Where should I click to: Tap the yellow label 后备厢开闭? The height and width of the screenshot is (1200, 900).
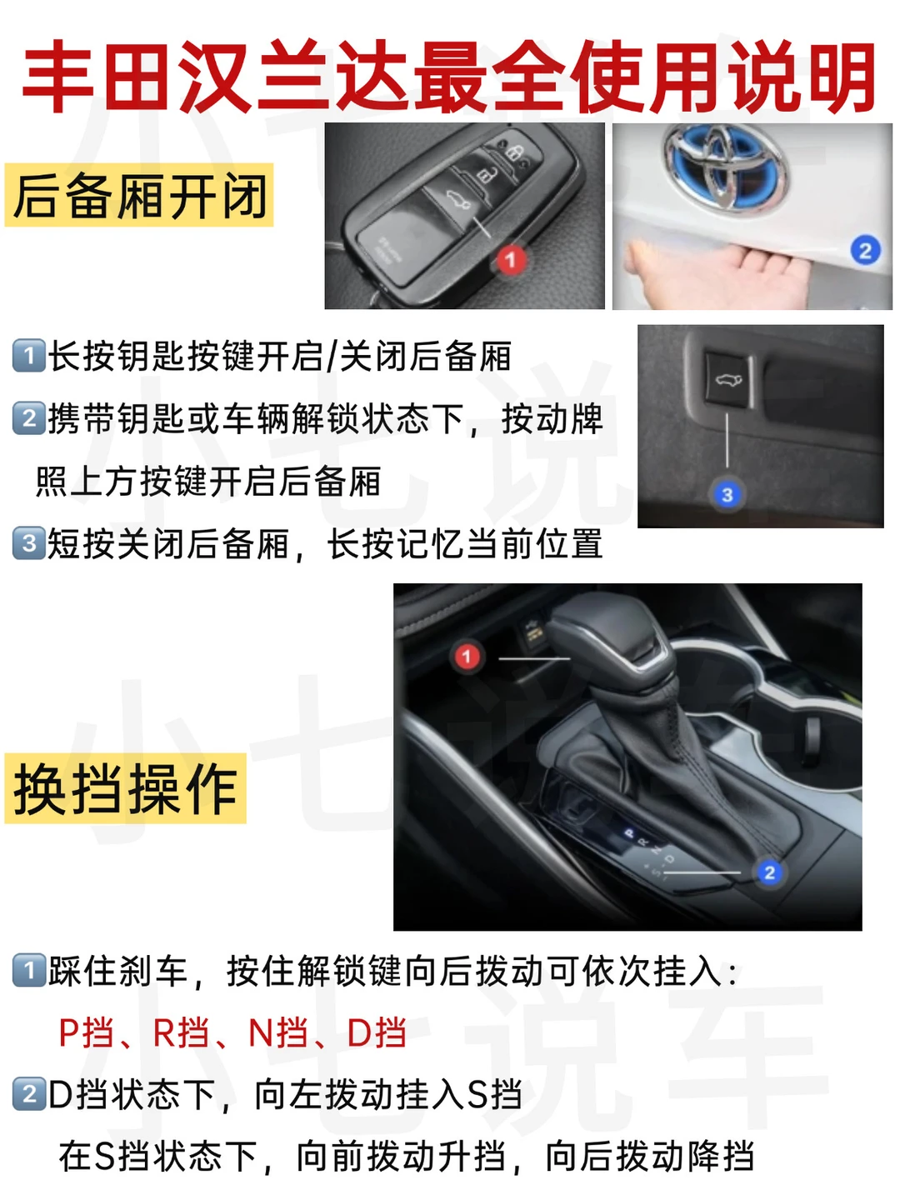coord(139,195)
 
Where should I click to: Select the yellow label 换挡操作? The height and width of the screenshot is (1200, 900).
coord(125,788)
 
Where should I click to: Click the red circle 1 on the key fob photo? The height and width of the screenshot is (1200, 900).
coord(510,259)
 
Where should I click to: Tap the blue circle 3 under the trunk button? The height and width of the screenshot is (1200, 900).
coord(727,495)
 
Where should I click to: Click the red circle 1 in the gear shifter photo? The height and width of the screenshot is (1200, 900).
coord(466,656)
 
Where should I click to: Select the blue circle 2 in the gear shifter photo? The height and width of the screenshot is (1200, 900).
coord(769,872)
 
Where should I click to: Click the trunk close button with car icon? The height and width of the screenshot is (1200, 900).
coord(729,379)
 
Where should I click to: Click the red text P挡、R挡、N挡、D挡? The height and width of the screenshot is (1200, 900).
coord(232,1032)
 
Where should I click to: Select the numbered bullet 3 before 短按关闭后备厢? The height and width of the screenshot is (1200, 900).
coord(28,542)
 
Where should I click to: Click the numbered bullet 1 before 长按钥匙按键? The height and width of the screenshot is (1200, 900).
coord(28,356)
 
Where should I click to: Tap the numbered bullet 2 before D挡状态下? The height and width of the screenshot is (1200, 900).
coord(28,1094)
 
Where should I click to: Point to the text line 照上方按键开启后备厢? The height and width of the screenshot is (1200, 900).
coord(207,482)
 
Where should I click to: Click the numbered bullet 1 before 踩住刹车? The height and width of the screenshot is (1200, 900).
coord(28,970)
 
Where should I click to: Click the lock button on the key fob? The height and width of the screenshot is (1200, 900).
coord(513,152)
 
